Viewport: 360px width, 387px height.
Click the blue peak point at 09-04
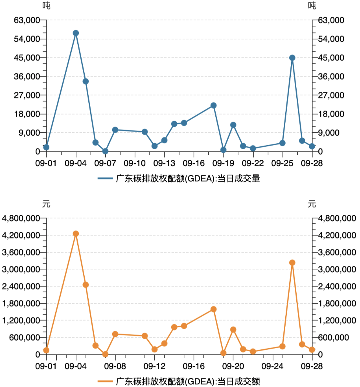click(76, 33)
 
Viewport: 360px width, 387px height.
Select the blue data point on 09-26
click(292, 58)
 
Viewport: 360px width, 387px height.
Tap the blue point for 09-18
click(213, 105)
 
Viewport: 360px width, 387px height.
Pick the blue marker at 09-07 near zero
click(105, 151)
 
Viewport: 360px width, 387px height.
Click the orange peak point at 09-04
click(76, 234)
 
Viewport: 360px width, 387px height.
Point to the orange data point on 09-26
click(292, 263)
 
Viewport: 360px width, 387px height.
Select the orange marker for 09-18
click(213, 309)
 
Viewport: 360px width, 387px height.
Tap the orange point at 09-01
click(46, 350)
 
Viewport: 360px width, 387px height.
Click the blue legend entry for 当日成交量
click(179, 179)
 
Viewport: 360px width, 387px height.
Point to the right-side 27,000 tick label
click(331, 95)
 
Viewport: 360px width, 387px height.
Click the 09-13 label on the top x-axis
click(164, 163)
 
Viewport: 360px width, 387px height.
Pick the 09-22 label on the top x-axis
click(253, 163)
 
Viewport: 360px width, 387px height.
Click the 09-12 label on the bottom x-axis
click(154, 366)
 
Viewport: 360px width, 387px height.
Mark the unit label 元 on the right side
click(312, 203)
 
